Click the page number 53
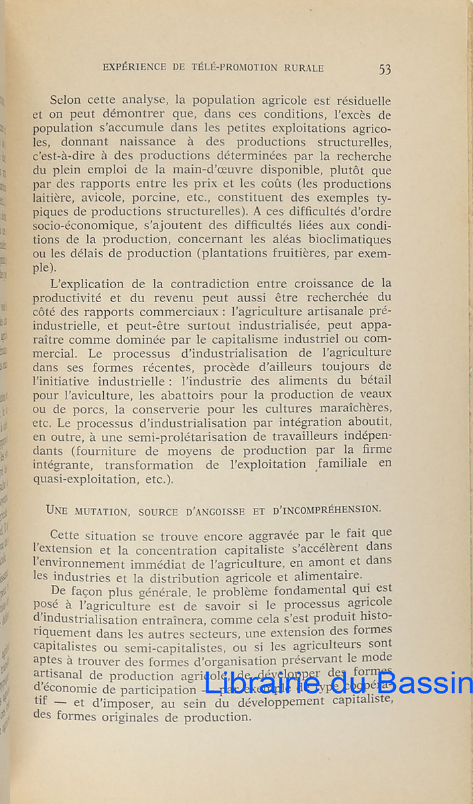[x=385, y=69]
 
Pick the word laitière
[x=56, y=198]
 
